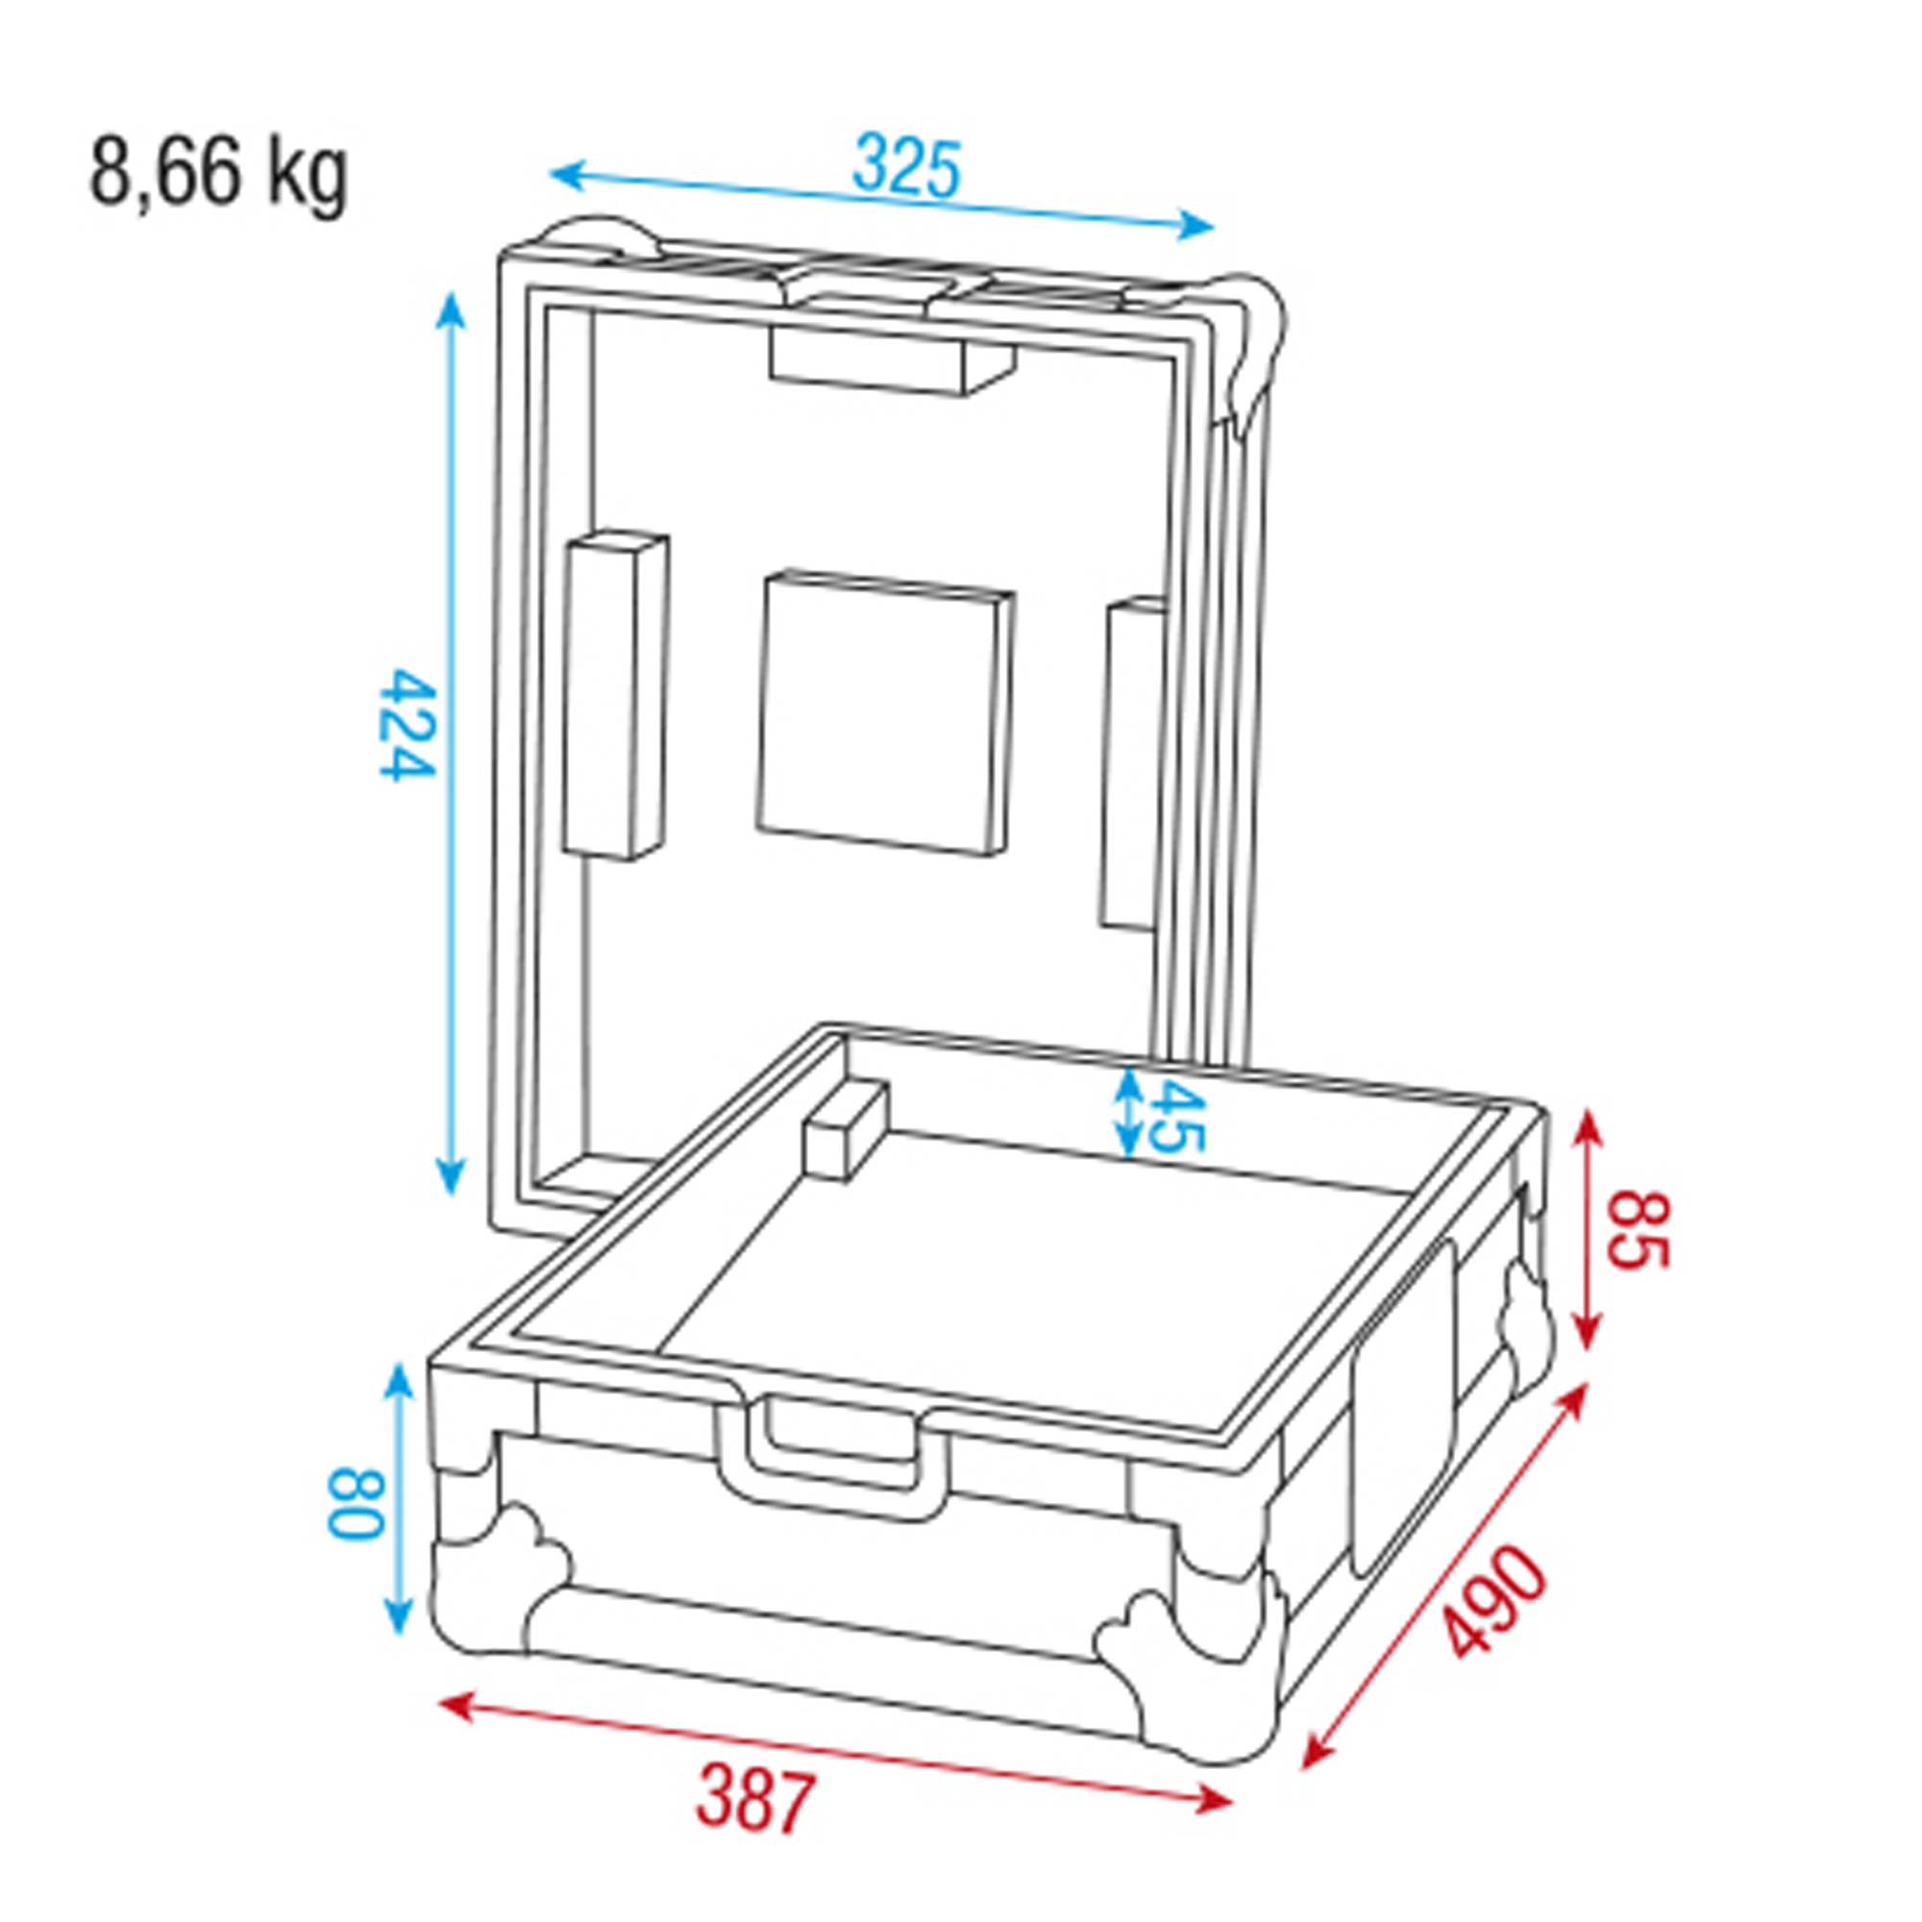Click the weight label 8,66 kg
[219, 175]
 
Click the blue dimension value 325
[906, 168]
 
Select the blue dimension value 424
[407, 725]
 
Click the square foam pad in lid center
[883, 714]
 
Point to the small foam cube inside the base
[847, 1132]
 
